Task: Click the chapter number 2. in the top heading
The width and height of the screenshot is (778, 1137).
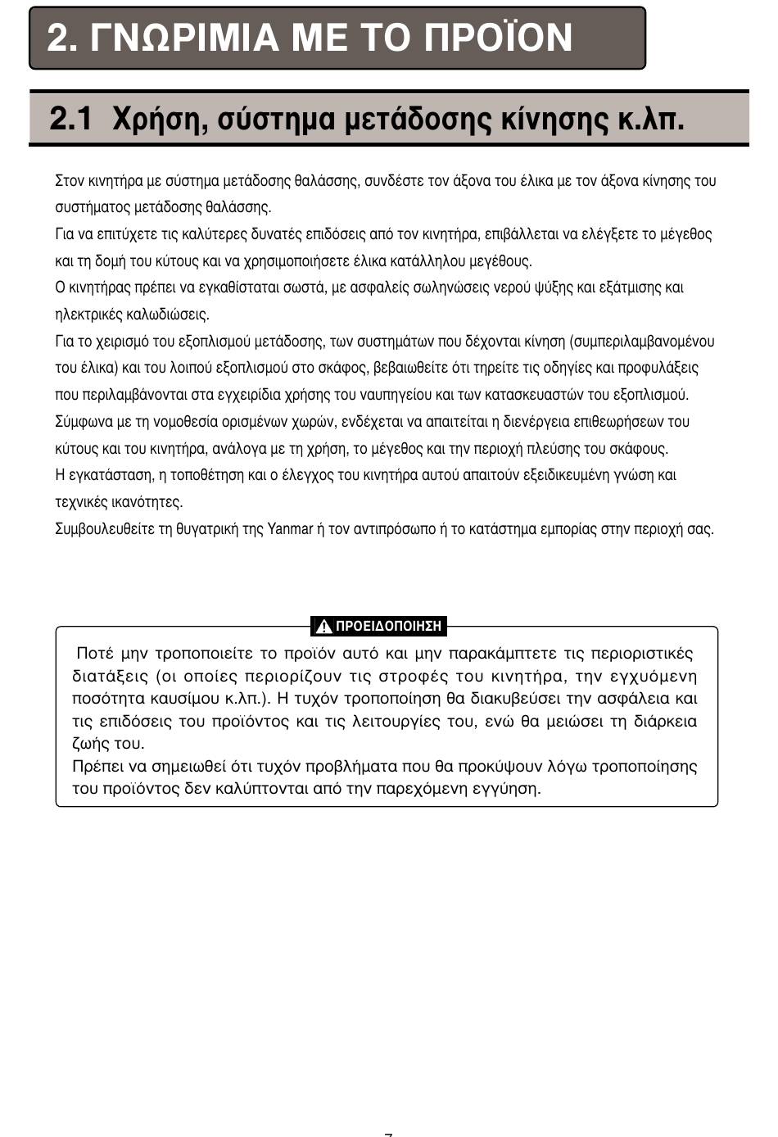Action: (61, 38)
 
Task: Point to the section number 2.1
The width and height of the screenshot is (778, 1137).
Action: (70, 120)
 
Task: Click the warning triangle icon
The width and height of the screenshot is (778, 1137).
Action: (323, 627)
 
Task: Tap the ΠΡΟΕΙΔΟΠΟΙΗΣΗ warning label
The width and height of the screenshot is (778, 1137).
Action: (388, 627)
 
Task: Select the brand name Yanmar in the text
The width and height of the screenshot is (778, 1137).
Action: (290, 529)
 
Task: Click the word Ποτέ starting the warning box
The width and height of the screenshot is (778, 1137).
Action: (93, 654)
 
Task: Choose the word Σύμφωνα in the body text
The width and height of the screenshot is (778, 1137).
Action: (81, 422)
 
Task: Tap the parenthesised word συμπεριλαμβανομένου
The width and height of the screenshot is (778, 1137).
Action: (643, 342)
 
